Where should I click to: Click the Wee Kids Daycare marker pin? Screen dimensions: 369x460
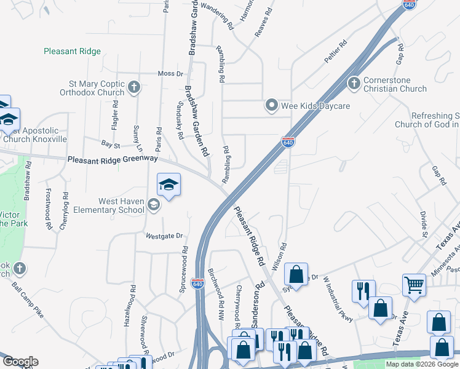272,106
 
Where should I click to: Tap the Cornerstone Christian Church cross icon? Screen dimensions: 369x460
354,83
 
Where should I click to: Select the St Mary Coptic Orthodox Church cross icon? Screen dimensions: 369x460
135,88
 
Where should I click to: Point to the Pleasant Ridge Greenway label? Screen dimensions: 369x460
113,159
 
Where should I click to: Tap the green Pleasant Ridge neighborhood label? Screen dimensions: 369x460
72,52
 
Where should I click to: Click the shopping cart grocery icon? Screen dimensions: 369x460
414,284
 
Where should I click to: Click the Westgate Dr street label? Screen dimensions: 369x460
165,236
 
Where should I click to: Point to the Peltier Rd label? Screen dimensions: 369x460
336,52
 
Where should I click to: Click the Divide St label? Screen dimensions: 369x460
424,224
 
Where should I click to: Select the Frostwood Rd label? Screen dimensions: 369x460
48,210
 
